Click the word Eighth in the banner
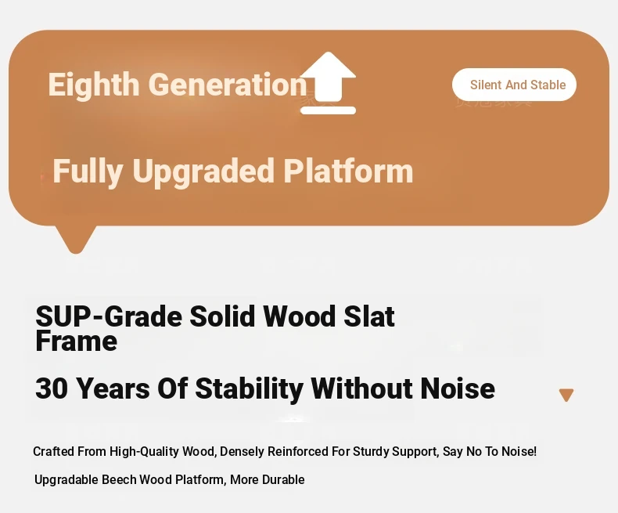click(x=93, y=85)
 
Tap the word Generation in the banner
click(x=228, y=84)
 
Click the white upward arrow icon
click(x=328, y=83)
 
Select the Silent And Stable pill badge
click(x=514, y=85)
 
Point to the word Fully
click(x=88, y=172)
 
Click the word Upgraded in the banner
click(x=203, y=172)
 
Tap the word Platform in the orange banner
click(x=348, y=171)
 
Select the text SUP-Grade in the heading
click(x=109, y=316)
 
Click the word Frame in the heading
click(x=76, y=341)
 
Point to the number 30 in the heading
click(x=51, y=388)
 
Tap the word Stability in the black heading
click(x=249, y=389)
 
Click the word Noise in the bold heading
click(x=457, y=388)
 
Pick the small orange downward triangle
click(x=566, y=394)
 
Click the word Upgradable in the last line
click(x=66, y=480)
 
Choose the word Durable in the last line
click(x=283, y=480)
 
